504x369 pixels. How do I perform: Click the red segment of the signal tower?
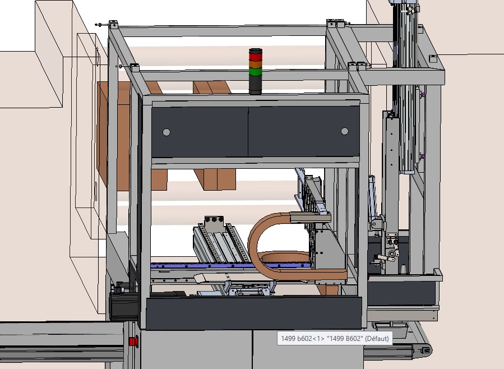point(256,57)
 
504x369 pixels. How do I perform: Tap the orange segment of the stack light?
point(256,64)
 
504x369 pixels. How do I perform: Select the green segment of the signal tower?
point(256,72)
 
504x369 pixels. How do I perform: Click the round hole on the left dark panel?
point(167,132)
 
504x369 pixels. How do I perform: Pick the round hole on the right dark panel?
point(345,131)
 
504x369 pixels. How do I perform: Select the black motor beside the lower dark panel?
point(124,306)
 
